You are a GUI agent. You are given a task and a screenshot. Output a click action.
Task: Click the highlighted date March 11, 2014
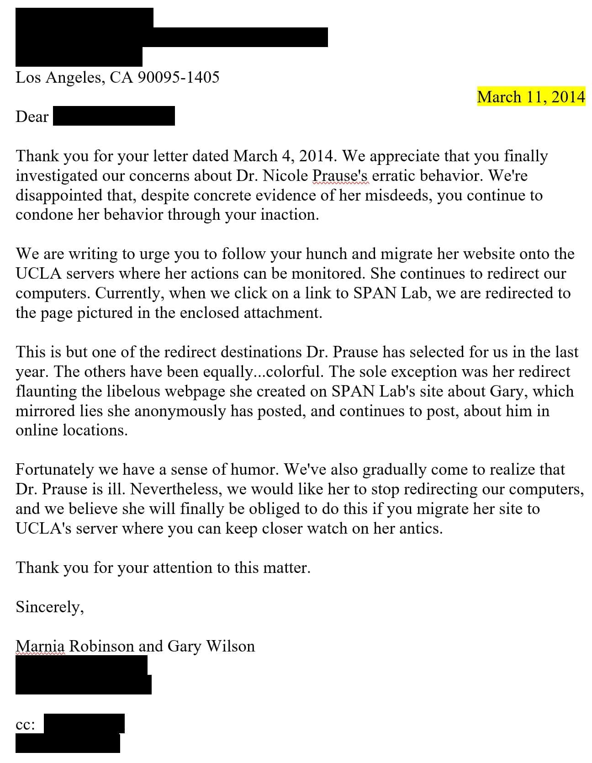pyautogui.click(x=531, y=97)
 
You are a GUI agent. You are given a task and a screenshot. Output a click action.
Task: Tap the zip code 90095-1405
pyautogui.click(x=178, y=77)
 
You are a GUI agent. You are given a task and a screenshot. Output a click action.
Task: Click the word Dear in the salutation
pyautogui.click(x=32, y=117)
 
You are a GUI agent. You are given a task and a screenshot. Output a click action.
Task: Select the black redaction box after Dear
pyautogui.click(x=114, y=116)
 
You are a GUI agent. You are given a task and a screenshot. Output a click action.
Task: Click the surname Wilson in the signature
pyautogui.click(x=230, y=646)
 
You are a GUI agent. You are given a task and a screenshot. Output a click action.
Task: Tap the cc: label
pyautogui.click(x=26, y=725)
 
